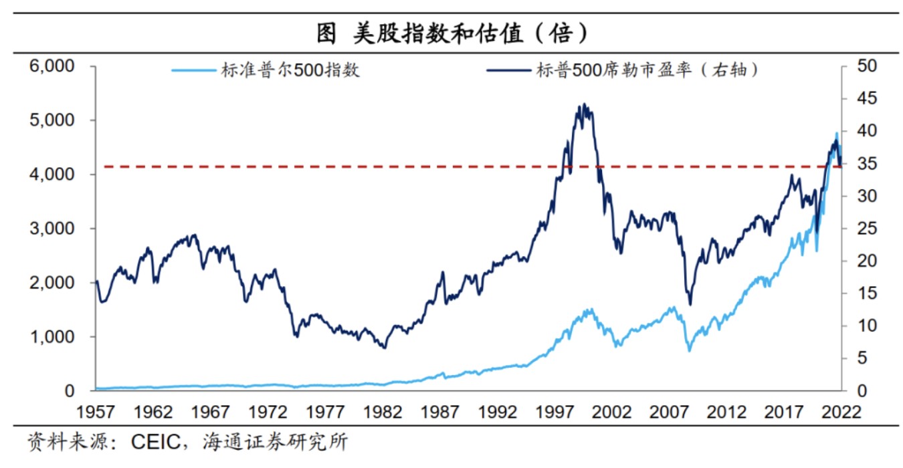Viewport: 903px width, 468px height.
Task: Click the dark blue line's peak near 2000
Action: pyautogui.click(x=585, y=104)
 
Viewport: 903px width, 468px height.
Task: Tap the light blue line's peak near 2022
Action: pyautogui.click(x=836, y=133)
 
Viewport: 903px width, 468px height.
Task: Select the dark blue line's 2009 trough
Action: pyautogui.click(x=690, y=304)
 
